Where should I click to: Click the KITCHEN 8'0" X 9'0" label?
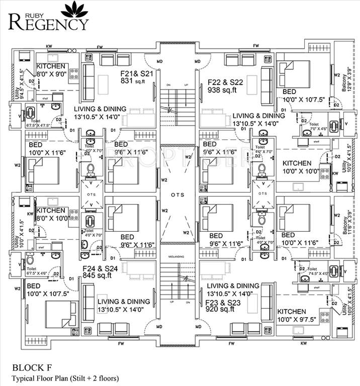50,70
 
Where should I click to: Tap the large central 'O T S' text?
177,195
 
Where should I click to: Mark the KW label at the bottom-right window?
303,344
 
